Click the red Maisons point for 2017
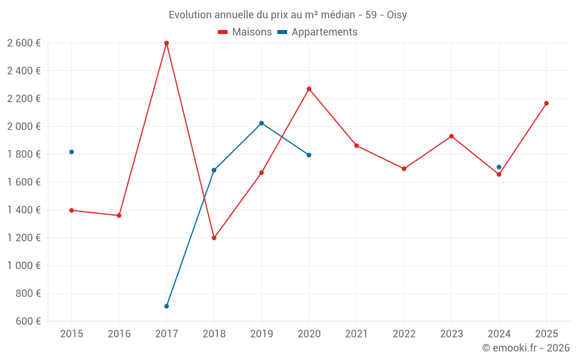(x=166, y=43)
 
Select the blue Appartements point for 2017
(x=166, y=306)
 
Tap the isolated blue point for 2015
(x=71, y=152)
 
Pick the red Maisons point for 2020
(x=309, y=89)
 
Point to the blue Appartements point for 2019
(x=262, y=123)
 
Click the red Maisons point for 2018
(x=214, y=238)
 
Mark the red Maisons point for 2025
(x=546, y=103)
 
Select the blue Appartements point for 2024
(x=499, y=167)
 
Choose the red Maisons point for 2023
(x=452, y=136)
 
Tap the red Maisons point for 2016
(x=119, y=215)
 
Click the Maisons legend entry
(x=245, y=32)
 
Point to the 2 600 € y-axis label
(x=24, y=43)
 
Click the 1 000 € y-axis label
(x=24, y=266)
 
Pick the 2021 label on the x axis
(x=357, y=334)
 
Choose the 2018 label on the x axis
(x=214, y=334)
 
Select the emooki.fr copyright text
(x=526, y=348)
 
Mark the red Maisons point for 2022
(x=404, y=169)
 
